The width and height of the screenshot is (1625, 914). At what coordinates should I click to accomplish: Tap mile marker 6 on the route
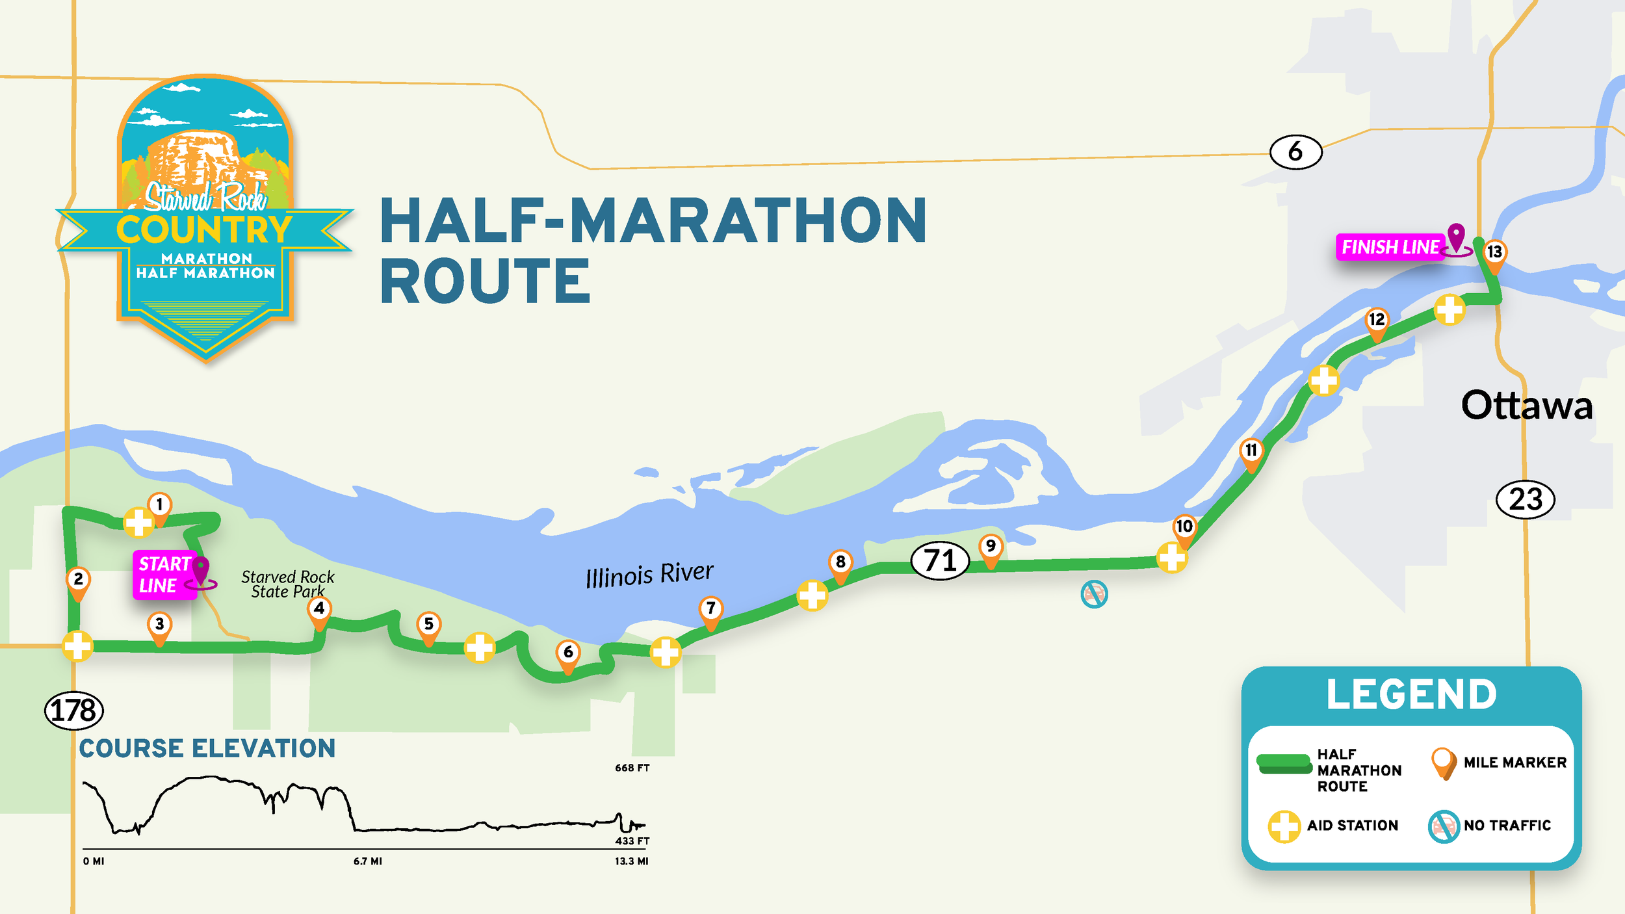tap(568, 653)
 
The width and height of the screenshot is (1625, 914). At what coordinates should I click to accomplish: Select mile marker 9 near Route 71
tap(990, 547)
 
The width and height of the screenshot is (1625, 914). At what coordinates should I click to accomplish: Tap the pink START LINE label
tap(164, 575)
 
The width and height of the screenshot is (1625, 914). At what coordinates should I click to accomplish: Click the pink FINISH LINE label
tap(1390, 247)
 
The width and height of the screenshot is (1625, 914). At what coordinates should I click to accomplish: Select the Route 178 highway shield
tap(73, 711)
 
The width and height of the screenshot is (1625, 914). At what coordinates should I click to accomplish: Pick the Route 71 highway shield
tap(940, 560)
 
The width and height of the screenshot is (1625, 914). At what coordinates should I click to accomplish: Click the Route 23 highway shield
tap(1526, 499)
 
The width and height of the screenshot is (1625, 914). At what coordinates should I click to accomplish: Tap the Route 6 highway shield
tap(1295, 152)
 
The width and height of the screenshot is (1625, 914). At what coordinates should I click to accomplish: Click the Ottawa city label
tap(1527, 406)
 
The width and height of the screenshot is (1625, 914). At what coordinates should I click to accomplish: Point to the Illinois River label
tap(649, 574)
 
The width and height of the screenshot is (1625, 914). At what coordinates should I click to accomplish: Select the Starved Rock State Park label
tap(288, 584)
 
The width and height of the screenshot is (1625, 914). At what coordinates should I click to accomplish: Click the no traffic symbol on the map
tap(1094, 594)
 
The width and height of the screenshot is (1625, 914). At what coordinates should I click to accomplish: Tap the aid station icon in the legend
tap(1284, 826)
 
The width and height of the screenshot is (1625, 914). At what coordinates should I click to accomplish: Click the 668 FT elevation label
tap(632, 768)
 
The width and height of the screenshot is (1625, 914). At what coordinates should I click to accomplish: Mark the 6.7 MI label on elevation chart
tap(368, 861)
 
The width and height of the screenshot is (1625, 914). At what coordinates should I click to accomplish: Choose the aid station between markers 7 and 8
tap(812, 595)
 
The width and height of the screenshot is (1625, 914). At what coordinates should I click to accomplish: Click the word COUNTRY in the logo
tap(204, 229)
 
